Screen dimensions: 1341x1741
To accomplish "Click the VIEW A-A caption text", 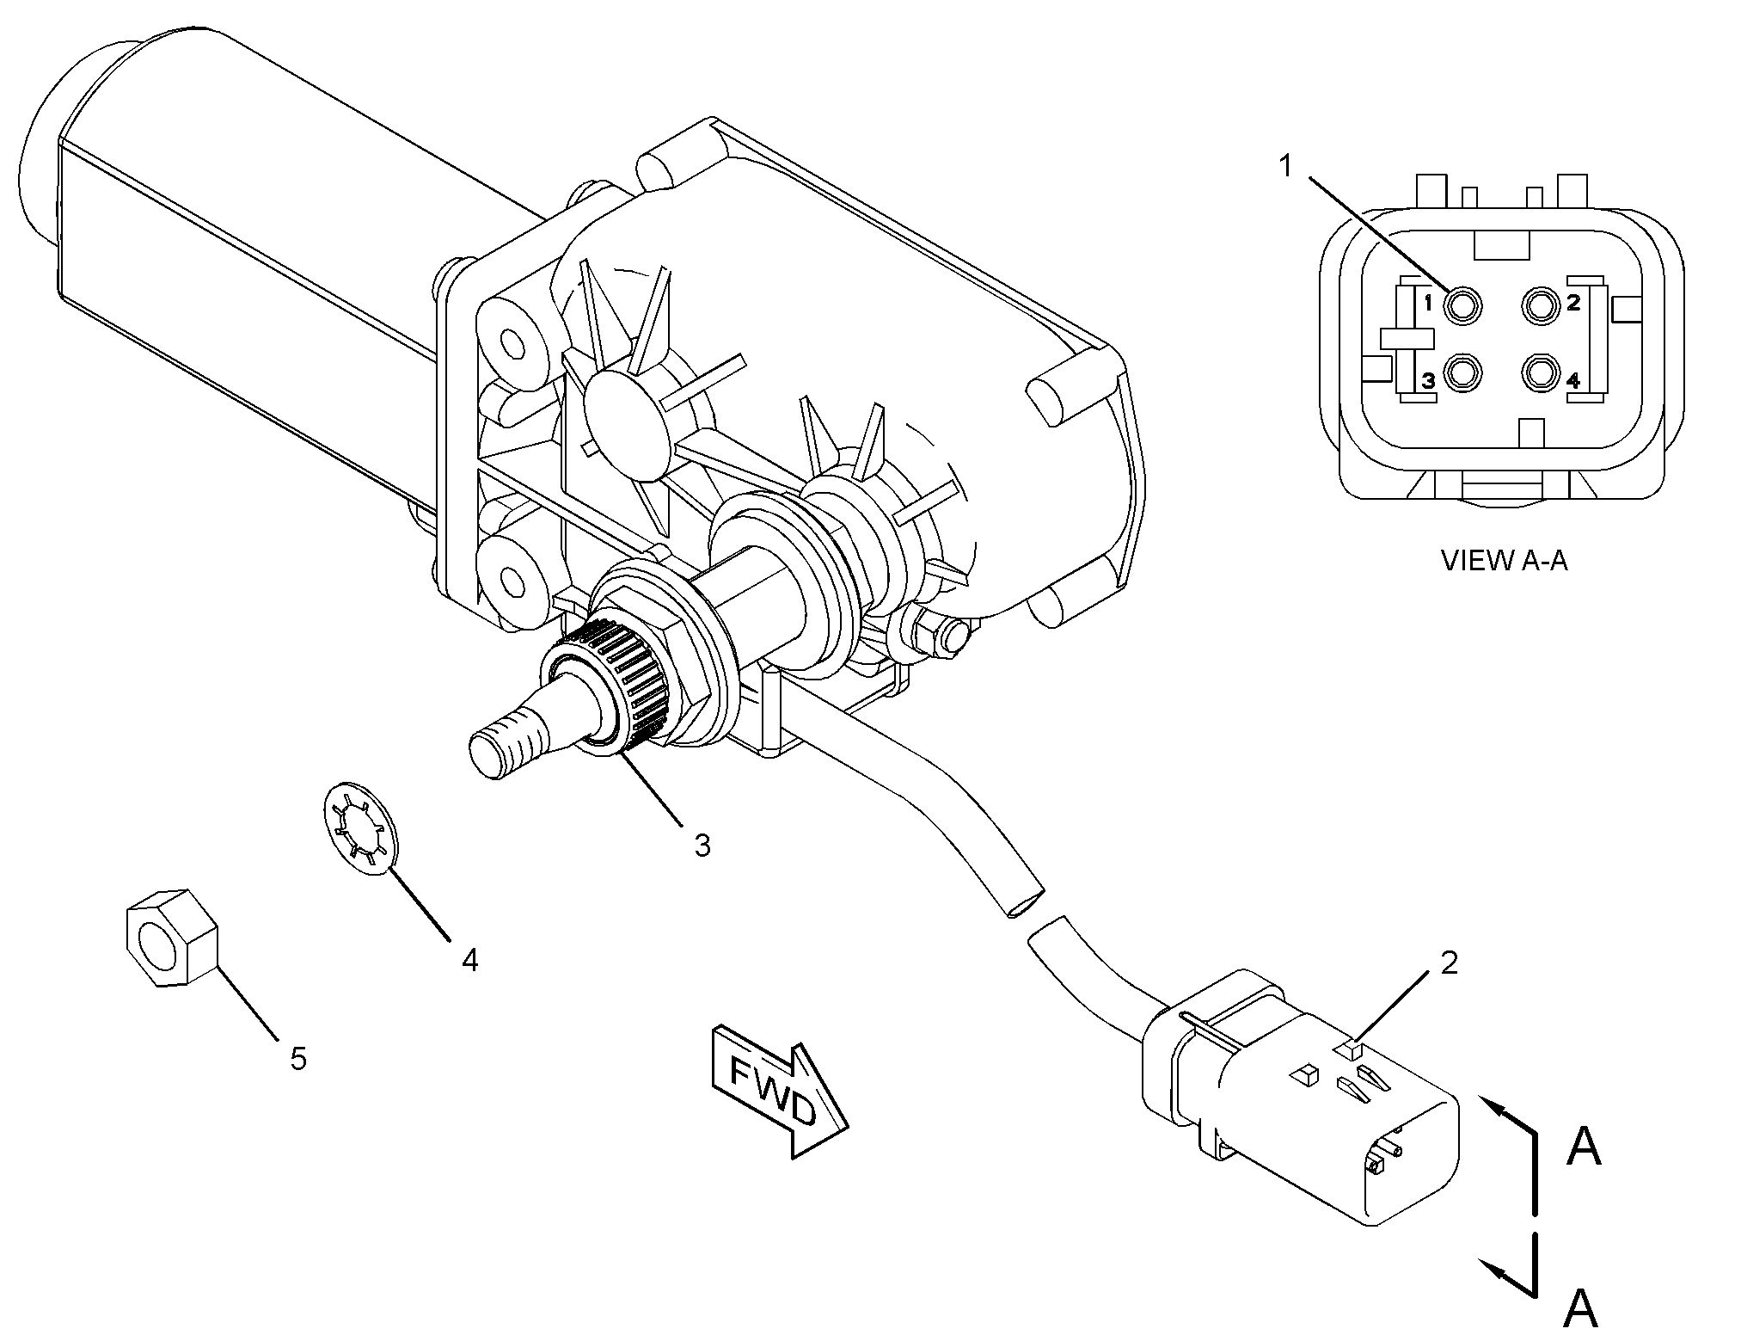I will tap(1504, 561).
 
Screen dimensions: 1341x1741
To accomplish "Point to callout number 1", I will tap(1286, 165).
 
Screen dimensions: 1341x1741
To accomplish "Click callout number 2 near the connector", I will tap(1449, 963).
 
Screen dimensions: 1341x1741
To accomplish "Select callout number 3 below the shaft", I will tap(702, 846).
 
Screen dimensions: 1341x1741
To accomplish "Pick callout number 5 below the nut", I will tap(297, 1059).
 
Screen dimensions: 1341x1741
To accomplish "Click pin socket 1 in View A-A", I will tap(1462, 304).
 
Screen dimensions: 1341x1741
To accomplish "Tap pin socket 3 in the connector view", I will tap(1462, 374).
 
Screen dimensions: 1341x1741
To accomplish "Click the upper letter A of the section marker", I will tap(1584, 1147).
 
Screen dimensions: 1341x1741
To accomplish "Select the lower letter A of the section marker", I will tap(1580, 1307).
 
